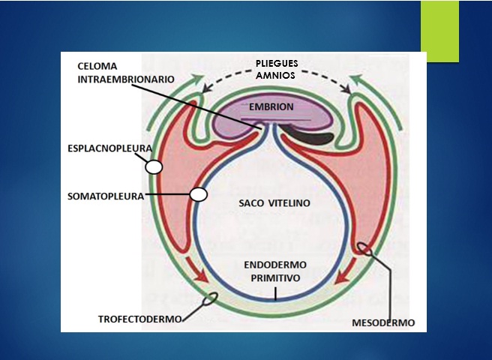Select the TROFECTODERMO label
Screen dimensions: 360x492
[140, 319]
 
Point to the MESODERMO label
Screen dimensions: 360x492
[382, 323]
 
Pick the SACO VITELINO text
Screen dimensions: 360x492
[274, 203]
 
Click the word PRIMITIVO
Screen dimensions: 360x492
[274, 277]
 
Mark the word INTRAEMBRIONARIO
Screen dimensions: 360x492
[126, 78]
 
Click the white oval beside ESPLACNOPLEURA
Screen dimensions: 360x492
[154, 167]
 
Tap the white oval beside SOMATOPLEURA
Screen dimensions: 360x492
[199, 194]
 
